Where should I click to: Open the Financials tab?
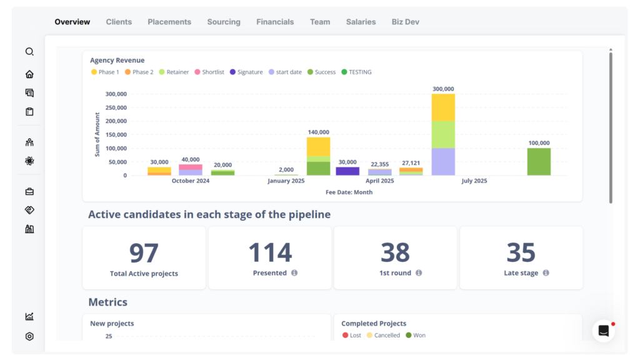[x=274, y=22]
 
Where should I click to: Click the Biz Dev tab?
[x=405, y=22]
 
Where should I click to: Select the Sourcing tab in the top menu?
[x=224, y=22]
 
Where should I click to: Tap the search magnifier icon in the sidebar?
[x=29, y=52]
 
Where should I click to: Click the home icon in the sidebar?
[x=29, y=74]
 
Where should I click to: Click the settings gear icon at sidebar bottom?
[x=29, y=336]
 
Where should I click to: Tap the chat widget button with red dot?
[x=603, y=331]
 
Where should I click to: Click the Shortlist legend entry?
[x=209, y=72]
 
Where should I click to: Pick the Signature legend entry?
[x=246, y=72]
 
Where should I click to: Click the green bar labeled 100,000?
[x=539, y=161]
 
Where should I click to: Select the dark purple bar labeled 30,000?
[x=347, y=171]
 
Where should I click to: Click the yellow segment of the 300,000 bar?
[x=443, y=107]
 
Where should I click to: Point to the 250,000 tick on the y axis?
[x=116, y=107]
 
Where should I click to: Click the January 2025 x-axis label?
[x=286, y=181]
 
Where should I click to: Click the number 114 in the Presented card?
[x=270, y=252]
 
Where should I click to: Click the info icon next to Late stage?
[x=546, y=273]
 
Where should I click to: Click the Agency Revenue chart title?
[x=117, y=61]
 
